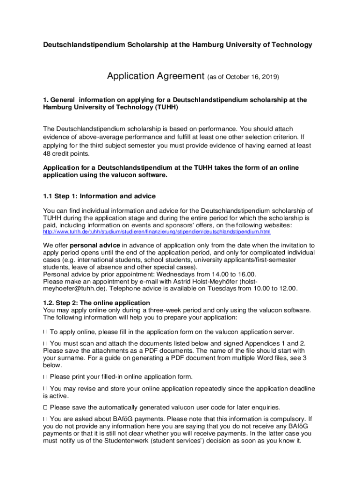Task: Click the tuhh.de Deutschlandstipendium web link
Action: click(x=157, y=232)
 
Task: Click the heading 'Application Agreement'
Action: click(x=156, y=76)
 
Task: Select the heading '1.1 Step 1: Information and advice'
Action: click(x=99, y=196)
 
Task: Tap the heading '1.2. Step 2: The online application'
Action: click(x=96, y=303)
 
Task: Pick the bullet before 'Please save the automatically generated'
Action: click(x=45, y=407)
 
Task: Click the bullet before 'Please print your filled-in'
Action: click(x=45, y=377)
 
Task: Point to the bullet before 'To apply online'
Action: click(x=45, y=332)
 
